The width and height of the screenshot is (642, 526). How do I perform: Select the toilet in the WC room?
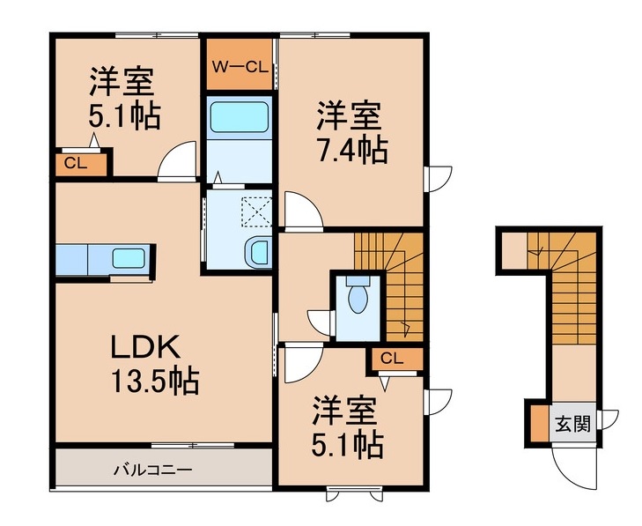[358, 300]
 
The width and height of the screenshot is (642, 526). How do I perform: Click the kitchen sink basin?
[129, 260]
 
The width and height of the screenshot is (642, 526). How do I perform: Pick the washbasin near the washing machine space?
[259, 251]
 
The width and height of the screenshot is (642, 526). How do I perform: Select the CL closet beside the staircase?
[393, 359]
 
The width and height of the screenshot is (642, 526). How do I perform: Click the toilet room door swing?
[318, 322]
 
